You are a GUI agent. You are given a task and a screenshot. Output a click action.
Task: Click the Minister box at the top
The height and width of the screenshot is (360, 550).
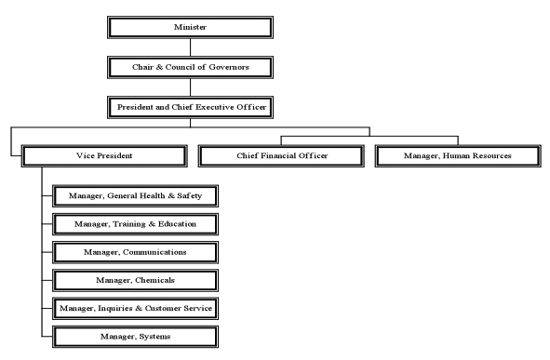coord(191,26)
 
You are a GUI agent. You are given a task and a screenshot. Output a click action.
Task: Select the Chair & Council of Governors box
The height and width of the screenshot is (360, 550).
coord(191,67)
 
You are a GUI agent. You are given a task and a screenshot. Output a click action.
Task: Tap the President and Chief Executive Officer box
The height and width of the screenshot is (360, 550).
coord(191,107)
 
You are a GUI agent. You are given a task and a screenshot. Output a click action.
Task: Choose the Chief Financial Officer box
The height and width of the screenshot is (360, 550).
coord(282,154)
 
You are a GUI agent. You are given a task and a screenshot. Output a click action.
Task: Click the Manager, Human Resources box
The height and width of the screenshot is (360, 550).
coord(457,154)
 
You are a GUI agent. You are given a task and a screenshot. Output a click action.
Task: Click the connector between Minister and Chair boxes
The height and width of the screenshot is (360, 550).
coord(191,47)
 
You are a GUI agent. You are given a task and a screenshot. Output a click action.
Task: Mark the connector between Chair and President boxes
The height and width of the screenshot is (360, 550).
coord(191,87)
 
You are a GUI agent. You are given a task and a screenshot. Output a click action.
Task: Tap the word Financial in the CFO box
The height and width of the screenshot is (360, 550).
coord(280,154)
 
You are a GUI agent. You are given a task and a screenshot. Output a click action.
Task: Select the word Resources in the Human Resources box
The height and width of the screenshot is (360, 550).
coord(488,154)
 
